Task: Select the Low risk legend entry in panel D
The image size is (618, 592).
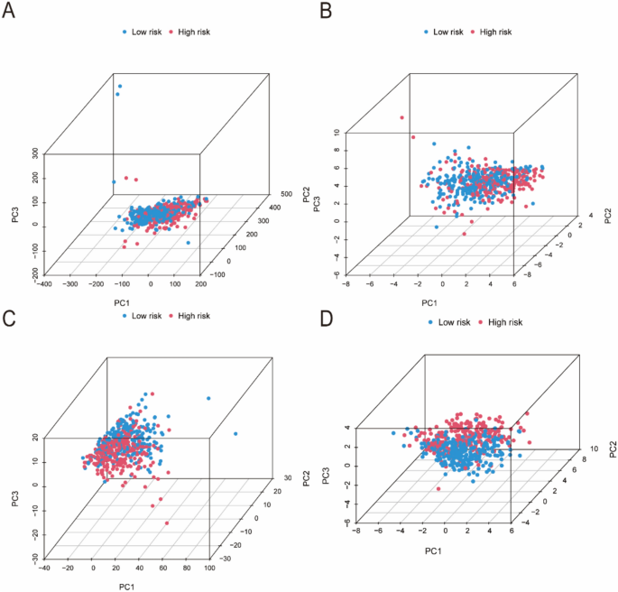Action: coord(452,321)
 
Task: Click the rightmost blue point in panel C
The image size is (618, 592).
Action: coord(235,434)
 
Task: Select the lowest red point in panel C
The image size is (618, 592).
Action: coord(167,523)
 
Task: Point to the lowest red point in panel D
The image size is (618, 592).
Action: coord(438,489)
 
